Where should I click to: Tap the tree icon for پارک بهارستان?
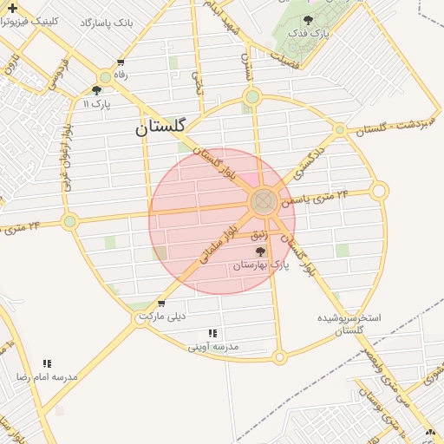click(x=260, y=251)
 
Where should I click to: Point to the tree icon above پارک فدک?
click(x=309, y=20)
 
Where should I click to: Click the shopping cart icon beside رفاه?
click(x=120, y=62)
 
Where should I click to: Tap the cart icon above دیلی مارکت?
click(x=161, y=303)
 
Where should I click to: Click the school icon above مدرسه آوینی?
click(x=213, y=333)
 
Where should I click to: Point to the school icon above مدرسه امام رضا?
click(x=46, y=363)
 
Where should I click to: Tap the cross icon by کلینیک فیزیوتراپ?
click(x=11, y=7)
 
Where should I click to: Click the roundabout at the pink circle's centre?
click(x=264, y=202)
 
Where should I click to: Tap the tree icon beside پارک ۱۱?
click(x=96, y=89)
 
